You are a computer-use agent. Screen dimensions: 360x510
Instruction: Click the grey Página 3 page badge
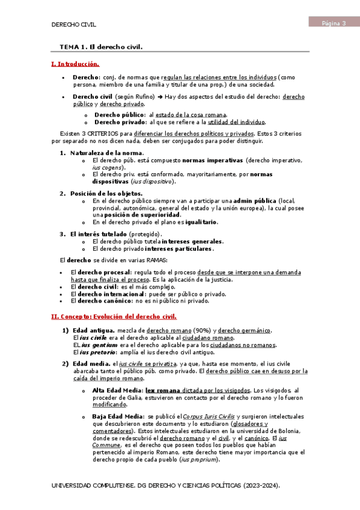coord(334,23)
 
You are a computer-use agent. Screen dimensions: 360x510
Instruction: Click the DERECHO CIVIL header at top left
coord(74,25)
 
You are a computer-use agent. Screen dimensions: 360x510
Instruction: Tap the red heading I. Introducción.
coord(75,64)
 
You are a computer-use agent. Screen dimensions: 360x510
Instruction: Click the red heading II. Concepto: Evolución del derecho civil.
coord(113,316)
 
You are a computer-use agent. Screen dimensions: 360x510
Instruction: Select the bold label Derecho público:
coord(120,114)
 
